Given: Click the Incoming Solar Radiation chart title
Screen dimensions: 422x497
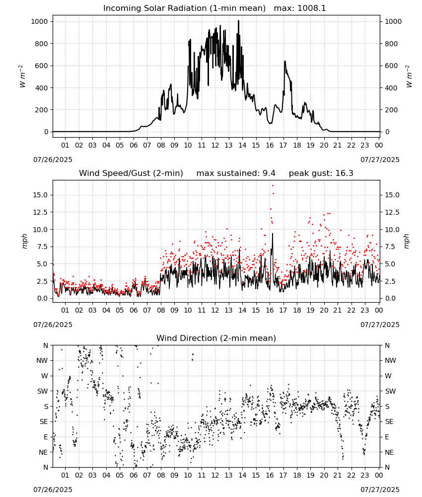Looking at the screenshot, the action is (x=184, y=8).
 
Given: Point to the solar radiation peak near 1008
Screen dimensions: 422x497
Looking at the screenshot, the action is (x=238, y=21).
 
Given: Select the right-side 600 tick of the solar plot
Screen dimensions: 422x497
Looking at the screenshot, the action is (x=391, y=66).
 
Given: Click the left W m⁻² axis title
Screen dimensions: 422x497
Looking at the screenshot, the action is (x=22, y=77).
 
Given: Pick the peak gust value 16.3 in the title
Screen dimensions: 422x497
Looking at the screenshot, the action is (x=344, y=173).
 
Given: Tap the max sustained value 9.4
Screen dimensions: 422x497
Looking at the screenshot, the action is (x=269, y=173).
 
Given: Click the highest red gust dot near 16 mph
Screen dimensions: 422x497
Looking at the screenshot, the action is (x=273, y=186).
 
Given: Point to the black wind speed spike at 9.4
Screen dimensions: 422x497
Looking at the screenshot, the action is (x=272, y=234).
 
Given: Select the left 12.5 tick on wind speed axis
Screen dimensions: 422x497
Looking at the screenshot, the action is (x=41, y=212).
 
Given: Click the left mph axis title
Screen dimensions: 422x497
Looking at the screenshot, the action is (x=24, y=241).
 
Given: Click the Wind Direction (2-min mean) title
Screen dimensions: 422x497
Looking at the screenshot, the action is (x=216, y=338).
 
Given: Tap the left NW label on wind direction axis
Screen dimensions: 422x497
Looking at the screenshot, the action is (x=42, y=361).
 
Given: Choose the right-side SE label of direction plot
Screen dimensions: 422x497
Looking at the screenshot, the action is (x=389, y=421).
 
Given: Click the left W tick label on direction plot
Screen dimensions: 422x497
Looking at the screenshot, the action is (x=45, y=376).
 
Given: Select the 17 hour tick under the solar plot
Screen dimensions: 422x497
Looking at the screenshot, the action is (x=283, y=145).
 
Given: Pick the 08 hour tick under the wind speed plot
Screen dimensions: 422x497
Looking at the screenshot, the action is (x=161, y=310).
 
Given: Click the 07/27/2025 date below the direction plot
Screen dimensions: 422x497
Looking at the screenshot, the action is (x=380, y=490).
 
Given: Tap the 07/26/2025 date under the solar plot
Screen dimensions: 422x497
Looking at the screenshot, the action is (x=53, y=160).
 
